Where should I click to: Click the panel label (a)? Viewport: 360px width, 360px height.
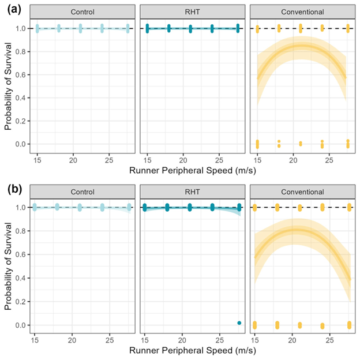point(12,9)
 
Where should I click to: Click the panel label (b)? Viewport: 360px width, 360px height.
point(12,189)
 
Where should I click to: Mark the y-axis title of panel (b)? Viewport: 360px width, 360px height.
point(7,267)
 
